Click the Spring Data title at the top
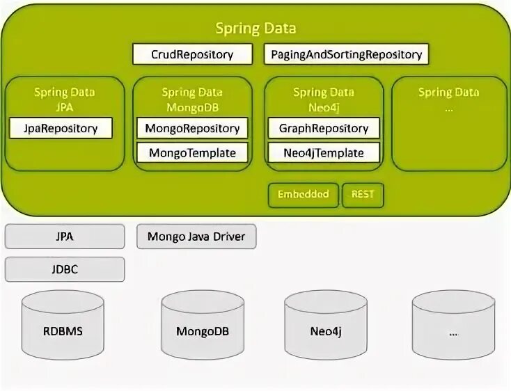tap(255, 29)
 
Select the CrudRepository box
tap(192, 54)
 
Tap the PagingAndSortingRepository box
tap(346, 54)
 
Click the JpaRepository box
tap(60, 128)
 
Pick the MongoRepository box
tap(192, 128)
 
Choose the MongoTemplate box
tap(192, 152)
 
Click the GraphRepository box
tap(324, 128)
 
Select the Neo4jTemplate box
tap(324, 152)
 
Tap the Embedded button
tap(303, 195)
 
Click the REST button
tap(363, 195)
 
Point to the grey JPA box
tap(65, 237)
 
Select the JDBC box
tap(65, 269)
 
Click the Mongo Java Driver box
tap(196, 237)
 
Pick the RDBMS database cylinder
tap(63, 330)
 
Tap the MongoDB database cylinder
tap(203, 330)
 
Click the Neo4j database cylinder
tap(326, 330)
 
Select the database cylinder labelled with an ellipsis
tap(453, 330)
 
